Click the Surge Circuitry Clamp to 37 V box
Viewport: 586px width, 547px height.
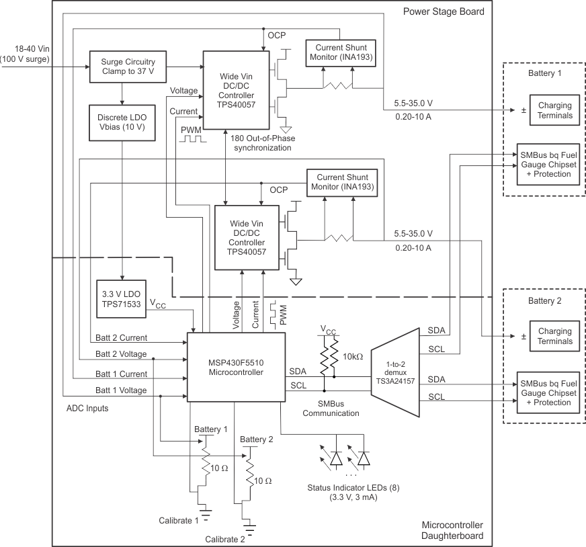122,67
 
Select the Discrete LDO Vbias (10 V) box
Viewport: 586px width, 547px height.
122,122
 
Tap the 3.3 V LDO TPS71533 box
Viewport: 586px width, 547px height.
122,297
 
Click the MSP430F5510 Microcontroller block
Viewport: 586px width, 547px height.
235,367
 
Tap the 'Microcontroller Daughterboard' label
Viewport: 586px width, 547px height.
452,531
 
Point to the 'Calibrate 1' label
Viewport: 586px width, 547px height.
179,519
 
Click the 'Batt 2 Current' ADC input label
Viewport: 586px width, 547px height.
120,337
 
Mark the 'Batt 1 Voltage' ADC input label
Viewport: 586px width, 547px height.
120,390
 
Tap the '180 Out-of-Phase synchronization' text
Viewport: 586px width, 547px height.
261,142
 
